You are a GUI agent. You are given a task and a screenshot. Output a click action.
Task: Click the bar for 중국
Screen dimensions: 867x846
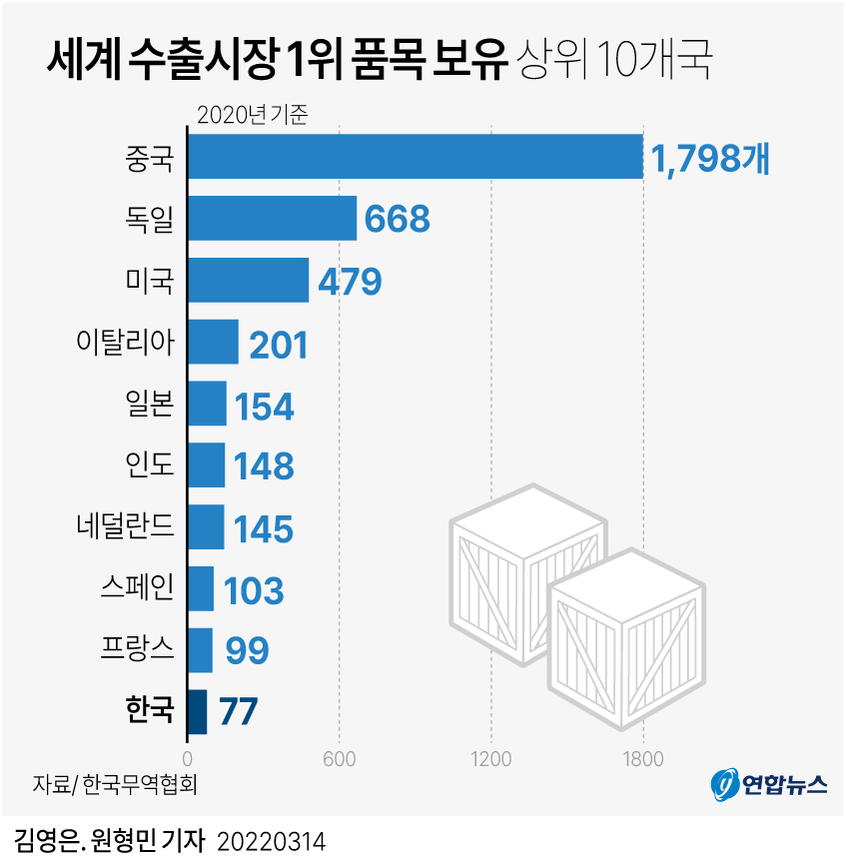pos(415,157)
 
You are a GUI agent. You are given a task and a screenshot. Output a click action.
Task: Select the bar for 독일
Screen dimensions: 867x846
pos(272,219)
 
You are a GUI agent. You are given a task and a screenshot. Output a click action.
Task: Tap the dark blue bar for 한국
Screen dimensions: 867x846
pos(197,712)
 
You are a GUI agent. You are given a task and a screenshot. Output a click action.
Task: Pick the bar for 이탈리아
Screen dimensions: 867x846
pos(213,343)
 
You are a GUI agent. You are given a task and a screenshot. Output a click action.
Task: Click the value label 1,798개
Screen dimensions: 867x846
pos(710,159)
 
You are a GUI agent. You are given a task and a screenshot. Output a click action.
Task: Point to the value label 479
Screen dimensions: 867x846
pos(350,282)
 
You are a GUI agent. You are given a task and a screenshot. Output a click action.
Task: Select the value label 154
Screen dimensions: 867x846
pos(265,406)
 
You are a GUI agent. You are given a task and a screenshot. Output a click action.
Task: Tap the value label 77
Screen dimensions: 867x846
pos(238,713)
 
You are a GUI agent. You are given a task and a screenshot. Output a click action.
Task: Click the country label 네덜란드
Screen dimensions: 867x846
pos(125,525)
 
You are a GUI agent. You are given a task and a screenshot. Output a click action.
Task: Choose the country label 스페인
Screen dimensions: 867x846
pos(138,587)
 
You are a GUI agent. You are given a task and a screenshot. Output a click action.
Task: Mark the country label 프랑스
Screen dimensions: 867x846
pos(138,649)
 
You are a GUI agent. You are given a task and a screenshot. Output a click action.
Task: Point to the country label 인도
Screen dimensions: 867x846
pos(150,464)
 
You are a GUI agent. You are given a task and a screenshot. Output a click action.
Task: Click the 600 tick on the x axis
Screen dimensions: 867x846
pos(340,758)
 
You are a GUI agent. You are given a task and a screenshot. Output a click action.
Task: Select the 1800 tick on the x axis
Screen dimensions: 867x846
pos(643,758)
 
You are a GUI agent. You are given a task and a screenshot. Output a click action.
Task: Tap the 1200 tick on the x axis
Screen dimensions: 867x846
pos(491,758)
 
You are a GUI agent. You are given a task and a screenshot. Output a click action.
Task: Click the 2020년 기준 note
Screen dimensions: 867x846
pos(253,113)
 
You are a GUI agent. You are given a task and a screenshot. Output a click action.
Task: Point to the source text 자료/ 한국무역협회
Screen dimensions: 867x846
pos(114,784)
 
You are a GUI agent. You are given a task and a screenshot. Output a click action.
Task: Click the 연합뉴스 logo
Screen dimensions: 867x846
pos(769,785)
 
